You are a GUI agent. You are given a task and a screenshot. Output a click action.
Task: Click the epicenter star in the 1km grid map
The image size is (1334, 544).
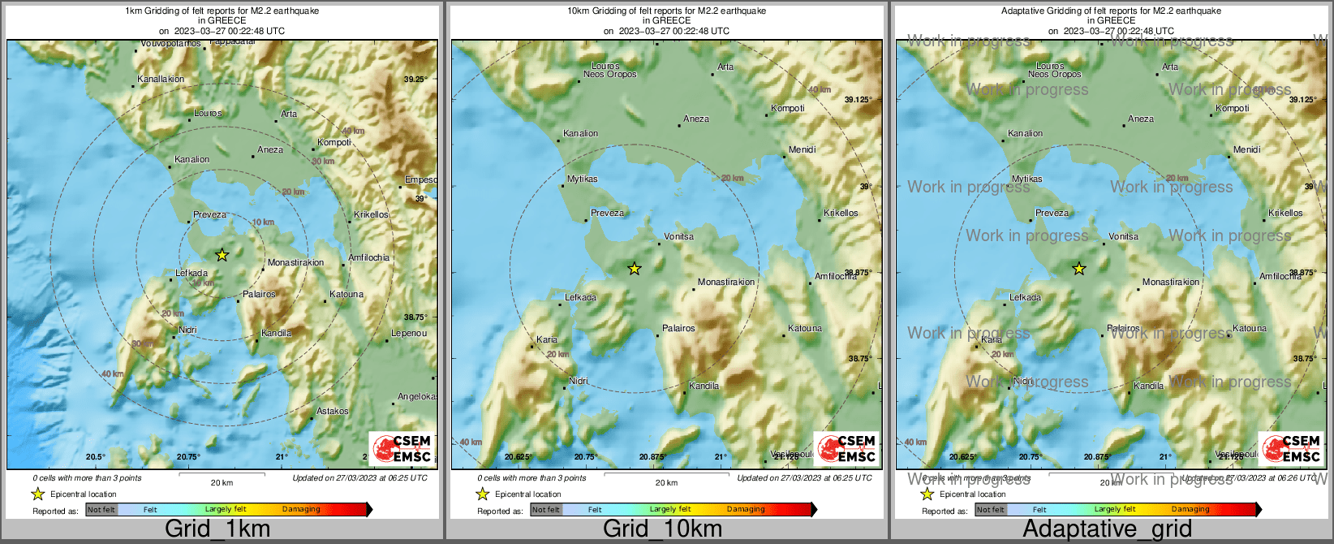click(x=222, y=255)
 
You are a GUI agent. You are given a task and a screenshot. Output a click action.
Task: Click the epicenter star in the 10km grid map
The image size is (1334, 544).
click(x=635, y=269)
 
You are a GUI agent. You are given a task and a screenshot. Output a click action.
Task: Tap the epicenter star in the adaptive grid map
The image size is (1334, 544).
click(x=1079, y=269)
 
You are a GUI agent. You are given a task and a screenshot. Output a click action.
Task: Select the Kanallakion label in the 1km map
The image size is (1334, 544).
click(x=161, y=80)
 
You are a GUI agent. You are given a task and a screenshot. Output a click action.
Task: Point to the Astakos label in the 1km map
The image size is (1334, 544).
click(x=332, y=412)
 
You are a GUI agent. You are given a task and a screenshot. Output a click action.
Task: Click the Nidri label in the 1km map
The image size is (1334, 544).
click(x=187, y=330)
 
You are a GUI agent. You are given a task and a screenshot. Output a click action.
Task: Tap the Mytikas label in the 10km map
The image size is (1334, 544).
click(x=582, y=179)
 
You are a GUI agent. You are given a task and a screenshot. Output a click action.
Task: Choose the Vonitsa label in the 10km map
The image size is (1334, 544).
click(x=678, y=237)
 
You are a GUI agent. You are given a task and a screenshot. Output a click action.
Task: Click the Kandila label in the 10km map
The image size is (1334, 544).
click(x=704, y=386)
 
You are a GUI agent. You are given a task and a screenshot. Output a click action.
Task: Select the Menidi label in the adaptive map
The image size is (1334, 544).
click(x=1246, y=150)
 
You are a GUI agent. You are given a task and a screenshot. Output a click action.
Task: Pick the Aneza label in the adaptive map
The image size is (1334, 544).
click(x=1140, y=119)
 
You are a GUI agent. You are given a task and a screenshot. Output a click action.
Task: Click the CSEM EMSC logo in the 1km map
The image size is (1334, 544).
click(x=401, y=449)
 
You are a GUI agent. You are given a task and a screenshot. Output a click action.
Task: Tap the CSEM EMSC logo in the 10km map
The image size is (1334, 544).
click(x=846, y=449)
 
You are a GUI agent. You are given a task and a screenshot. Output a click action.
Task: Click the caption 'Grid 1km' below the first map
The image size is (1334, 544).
click(x=217, y=529)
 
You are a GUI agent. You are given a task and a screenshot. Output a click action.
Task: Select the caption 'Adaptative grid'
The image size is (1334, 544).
click(x=1107, y=529)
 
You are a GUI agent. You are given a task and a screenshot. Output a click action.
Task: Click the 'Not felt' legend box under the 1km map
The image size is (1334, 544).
click(x=101, y=510)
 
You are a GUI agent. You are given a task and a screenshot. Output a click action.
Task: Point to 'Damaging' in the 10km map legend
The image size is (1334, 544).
click(x=746, y=510)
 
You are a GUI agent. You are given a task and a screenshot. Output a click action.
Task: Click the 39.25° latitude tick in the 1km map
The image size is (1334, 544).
click(x=415, y=80)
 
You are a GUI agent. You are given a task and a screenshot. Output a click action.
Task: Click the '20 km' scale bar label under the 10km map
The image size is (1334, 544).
click(x=666, y=483)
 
